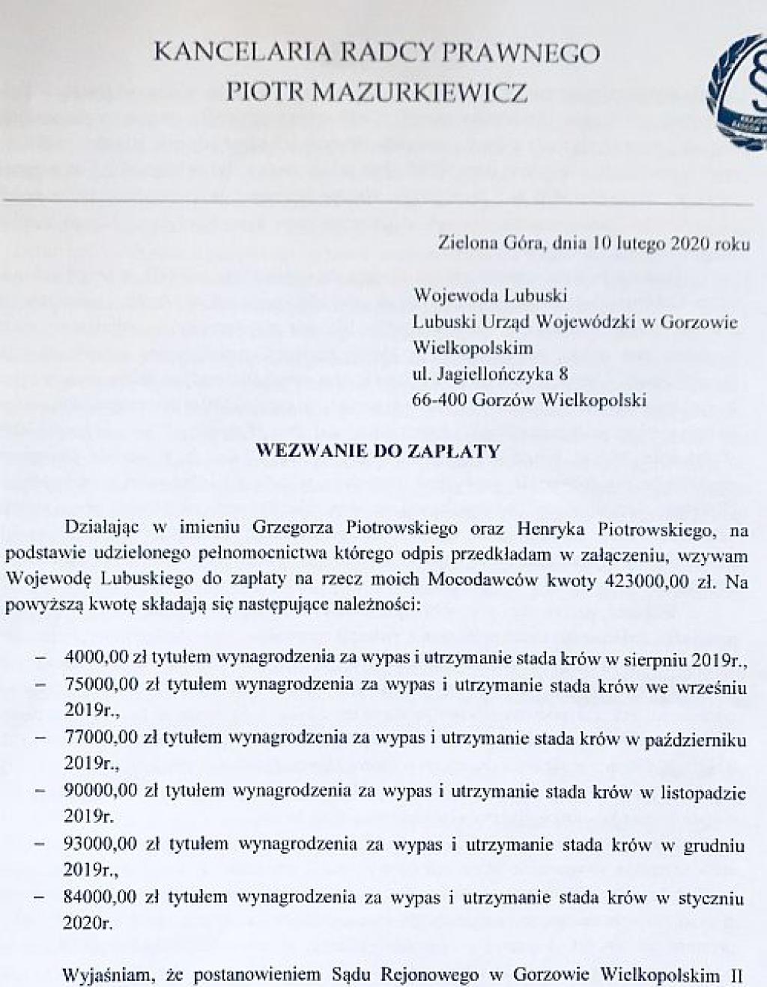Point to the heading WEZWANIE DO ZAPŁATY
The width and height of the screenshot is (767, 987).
point(378,452)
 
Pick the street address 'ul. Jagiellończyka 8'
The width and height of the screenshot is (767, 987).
point(495,374)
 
